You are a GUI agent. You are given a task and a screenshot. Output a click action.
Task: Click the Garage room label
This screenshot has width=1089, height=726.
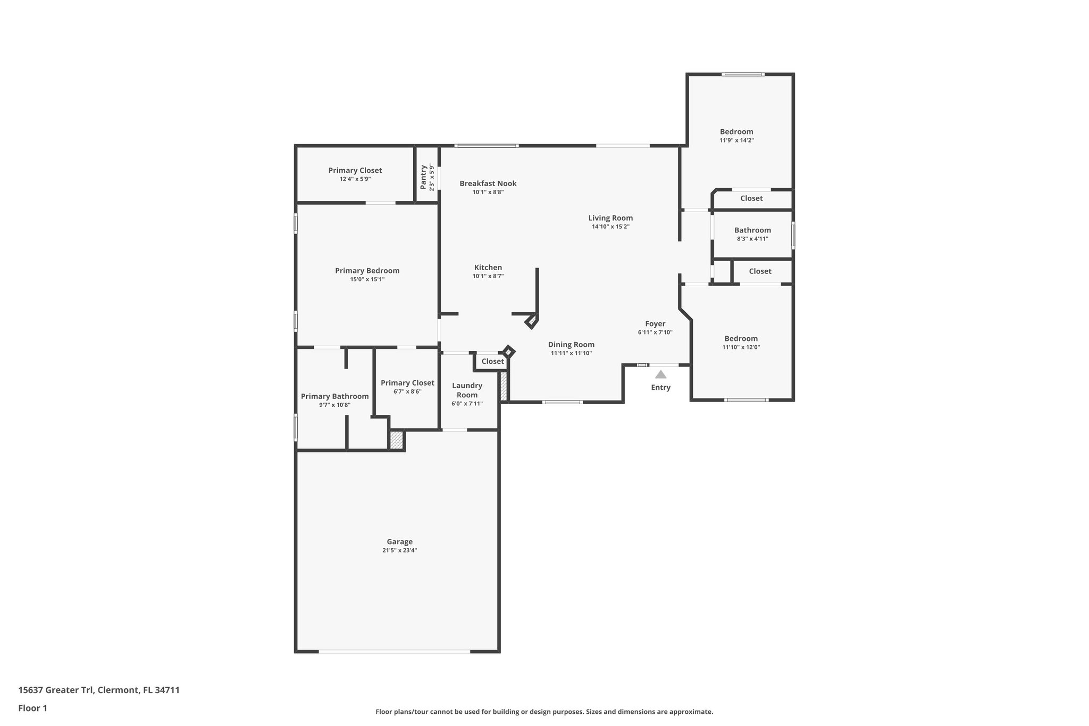click(x=399, y=542)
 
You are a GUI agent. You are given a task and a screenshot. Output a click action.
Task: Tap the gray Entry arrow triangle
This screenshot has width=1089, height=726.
click(x=660, y=374)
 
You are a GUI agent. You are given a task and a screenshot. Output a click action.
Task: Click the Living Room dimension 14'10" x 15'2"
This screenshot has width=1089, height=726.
click(x=610, y=227)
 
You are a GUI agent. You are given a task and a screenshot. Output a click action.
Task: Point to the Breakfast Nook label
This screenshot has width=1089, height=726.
click(x=488, y=183)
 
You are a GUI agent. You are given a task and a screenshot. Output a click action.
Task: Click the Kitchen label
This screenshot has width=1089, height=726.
click(x=488, y=268)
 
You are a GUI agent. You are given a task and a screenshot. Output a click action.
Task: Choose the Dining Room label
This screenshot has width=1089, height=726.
click(x=571, y=345)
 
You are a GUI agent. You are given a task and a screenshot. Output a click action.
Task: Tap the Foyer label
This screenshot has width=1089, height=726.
click(x=655, y=324)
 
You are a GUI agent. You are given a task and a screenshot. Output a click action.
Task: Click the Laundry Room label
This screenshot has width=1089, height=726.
click(x=467, y=390)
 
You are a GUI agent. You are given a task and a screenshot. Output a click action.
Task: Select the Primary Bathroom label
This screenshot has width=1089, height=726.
click(x=334, y=396)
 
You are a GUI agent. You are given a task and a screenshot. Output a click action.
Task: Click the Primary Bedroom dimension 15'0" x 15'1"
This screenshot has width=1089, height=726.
click(x=367, y=279)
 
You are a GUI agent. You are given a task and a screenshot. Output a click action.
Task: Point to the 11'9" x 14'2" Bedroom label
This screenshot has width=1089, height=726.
click(x=736, y=132)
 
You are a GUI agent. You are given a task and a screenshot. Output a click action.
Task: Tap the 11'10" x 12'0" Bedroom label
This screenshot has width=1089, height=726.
click(x=741, y=339)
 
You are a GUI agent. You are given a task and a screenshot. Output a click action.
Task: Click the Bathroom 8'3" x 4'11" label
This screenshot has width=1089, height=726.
click(x=752, y=230)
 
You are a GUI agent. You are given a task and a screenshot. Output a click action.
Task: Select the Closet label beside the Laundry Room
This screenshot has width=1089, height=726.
click(x=492, y=362)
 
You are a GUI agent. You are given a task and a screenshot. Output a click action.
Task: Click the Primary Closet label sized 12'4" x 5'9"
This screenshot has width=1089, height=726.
click(x=355, y=171)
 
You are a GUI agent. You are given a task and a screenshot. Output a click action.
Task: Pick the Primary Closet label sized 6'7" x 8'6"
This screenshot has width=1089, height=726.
click(x=407, y=383)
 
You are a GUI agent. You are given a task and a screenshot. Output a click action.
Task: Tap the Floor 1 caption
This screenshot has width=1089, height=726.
click(x=32, y=708)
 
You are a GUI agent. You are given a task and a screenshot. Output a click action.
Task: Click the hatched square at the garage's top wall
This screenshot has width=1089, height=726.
click(x=397, y=440)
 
